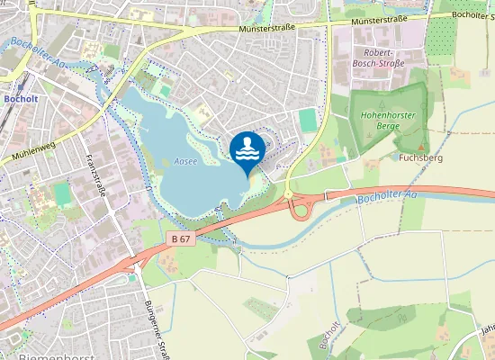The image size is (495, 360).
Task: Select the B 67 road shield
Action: [x=180, y=238]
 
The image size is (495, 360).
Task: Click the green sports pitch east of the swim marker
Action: [x=308, y=120]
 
